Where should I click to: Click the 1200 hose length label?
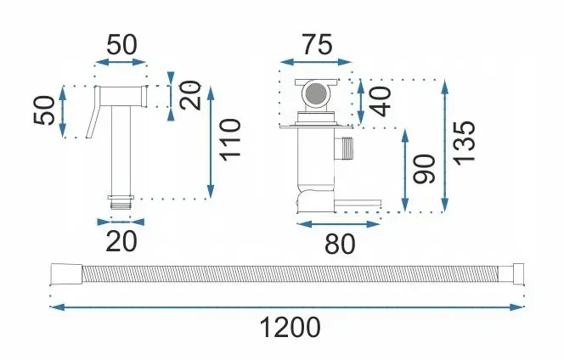290,328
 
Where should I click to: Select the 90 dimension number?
424,169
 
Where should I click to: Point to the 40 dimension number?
381,102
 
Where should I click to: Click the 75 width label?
318,45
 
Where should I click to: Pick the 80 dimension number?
340,244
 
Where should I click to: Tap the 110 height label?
230,140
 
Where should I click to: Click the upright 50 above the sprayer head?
122,45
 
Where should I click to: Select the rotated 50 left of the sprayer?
44,110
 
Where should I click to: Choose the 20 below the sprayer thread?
121,241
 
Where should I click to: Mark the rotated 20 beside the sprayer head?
190,95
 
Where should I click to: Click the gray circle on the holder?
317,94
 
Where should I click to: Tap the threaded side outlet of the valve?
345,149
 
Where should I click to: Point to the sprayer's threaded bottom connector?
121,203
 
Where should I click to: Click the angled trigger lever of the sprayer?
93,112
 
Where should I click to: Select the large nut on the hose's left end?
66,275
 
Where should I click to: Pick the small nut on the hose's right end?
518,274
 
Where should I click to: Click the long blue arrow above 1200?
286,307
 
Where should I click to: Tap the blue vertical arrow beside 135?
445,146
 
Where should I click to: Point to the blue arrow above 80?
339,224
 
